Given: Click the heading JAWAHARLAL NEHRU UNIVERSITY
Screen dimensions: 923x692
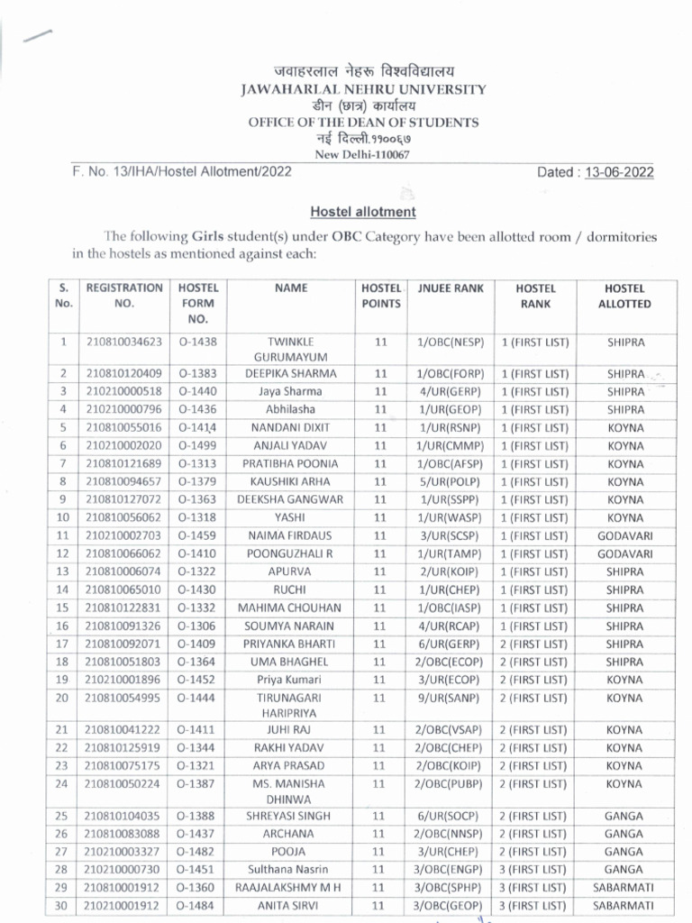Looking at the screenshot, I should [364, 89].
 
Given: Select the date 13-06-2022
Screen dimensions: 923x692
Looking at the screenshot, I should [621, 172].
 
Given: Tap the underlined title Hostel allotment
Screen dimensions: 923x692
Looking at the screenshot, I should [363, 212].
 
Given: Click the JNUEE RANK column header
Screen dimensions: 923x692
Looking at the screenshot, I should [451, 288].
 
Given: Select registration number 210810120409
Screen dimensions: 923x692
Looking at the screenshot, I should [124, 373].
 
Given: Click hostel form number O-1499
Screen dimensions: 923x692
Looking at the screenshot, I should [197, 445].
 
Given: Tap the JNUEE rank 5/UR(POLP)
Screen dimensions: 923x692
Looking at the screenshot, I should [451, 481].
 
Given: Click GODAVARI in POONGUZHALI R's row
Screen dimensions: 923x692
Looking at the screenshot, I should [624, 553].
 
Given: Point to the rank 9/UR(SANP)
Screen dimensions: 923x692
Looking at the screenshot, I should [451, 698].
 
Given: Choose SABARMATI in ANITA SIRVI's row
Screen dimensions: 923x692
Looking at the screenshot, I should [624, 905].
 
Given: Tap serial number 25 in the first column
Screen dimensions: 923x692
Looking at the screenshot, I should [63, 815].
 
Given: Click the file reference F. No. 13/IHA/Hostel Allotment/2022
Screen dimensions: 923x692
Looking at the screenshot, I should [181, 172].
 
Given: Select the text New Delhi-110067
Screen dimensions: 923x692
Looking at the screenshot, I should [362, 154].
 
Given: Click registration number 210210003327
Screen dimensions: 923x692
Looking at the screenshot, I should [124, 851].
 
